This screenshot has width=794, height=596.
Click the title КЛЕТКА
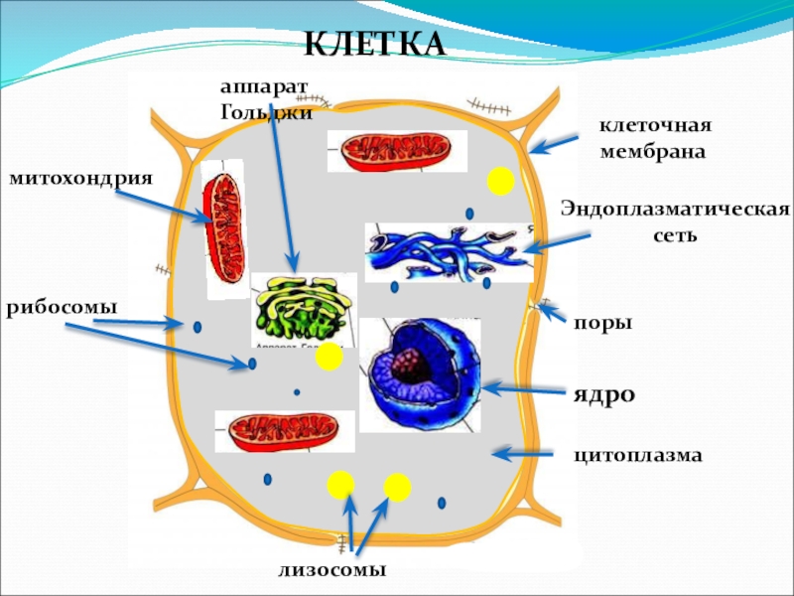(x=374, y=45)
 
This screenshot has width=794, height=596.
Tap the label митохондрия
(x=81, y=178)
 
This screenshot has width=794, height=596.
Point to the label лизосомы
(x=331, y=569)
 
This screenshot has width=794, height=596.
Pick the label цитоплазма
(x=637, y=455)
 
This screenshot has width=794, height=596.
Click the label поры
(x=601, y=323)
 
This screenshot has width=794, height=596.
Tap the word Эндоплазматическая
(x=675, y=210)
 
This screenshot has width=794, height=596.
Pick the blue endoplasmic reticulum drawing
(x=442, y=250)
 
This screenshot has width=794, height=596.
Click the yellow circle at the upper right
(x=500, y=181)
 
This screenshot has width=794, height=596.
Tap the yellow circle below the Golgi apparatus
(x=328, y=358)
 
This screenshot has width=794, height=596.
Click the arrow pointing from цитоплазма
(x=523, y=454)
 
